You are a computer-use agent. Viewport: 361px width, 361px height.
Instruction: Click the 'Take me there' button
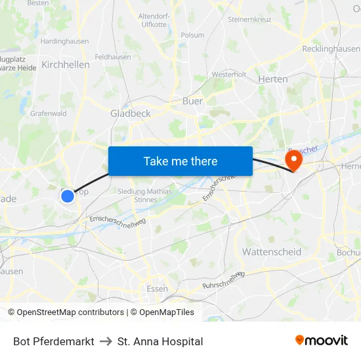point(180,161)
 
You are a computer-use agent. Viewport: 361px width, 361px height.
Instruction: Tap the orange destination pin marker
point(293,159)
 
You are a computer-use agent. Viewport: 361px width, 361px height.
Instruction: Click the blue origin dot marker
point(67,196)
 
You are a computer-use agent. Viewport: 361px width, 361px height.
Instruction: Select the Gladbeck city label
point(131,113)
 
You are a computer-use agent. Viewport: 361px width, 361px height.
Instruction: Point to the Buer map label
point(192,101)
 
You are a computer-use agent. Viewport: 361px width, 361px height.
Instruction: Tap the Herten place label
point(273,79)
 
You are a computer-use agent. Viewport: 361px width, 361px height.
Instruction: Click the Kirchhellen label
point(66,64)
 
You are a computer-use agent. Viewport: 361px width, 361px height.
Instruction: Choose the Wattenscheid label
point(272,251)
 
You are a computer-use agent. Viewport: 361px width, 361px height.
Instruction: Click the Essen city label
point(157,288)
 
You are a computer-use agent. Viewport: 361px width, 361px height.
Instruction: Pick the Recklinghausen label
point(331,49)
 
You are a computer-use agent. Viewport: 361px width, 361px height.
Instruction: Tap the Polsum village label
point(192,35)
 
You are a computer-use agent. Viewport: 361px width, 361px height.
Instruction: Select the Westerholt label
point(229,74)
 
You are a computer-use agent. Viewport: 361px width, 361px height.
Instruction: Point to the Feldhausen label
point(113,57)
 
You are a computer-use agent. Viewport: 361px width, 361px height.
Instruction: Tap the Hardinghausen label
point(65,41)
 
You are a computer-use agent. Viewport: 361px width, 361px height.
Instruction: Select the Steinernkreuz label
point(250,20)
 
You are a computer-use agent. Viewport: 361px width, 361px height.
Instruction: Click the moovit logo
point(322,340)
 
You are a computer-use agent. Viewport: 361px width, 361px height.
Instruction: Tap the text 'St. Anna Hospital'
point(160,341)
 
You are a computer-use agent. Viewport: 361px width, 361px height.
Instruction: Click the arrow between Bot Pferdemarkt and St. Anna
point(106,341)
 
